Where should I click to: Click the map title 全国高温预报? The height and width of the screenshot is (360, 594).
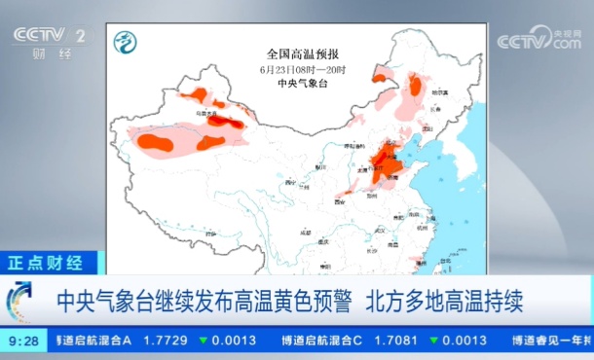point(304,54)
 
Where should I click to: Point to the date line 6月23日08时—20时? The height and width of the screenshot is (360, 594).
point(304,69)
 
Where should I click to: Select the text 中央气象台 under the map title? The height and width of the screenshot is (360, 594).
point(304,84)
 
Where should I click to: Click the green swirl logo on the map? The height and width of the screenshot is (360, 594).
point(125,42)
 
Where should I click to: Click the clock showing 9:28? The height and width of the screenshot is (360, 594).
point(23,341)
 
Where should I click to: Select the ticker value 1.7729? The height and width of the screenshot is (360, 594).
point(166,341)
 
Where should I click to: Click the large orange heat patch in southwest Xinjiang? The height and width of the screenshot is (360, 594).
point(155,142)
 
